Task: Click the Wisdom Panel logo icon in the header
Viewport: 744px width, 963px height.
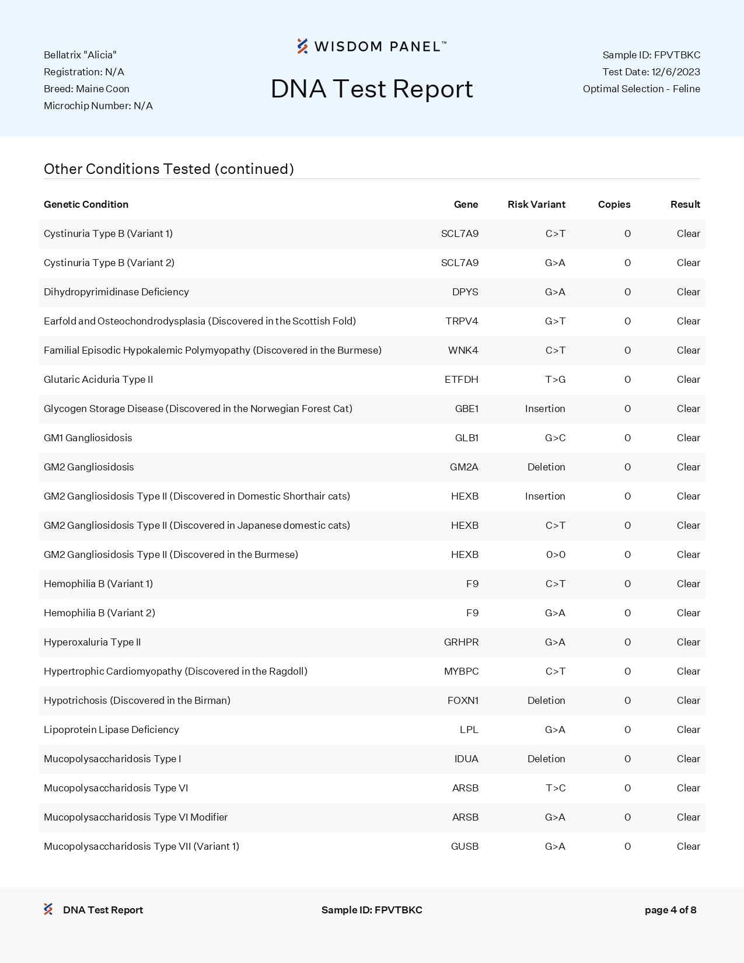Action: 302,46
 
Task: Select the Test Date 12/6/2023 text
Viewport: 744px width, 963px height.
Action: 651,72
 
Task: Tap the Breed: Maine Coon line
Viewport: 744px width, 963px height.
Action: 86,89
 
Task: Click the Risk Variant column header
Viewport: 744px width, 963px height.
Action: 536,204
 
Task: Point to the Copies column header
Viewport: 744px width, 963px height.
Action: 614,204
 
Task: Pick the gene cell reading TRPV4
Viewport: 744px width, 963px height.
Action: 462,321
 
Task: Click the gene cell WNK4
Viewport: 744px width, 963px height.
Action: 463,350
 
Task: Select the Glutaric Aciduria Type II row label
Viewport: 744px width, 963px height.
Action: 98,379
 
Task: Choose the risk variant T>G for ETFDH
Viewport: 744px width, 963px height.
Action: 555,379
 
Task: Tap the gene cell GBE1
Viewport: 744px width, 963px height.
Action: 466,409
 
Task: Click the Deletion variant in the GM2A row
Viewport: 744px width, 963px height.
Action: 546,467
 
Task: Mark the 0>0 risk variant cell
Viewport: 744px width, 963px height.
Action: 556,554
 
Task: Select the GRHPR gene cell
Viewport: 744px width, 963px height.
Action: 461,642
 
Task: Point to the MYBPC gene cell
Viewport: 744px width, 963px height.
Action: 461,671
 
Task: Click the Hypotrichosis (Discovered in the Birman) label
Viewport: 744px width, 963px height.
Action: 137,700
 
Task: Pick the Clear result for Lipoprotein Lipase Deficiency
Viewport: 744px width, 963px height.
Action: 688,730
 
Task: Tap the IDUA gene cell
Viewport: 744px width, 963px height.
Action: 466,759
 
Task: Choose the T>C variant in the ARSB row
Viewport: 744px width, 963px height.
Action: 555,788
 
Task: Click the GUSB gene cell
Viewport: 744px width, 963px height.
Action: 464,846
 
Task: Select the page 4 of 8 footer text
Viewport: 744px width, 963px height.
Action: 670,910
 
